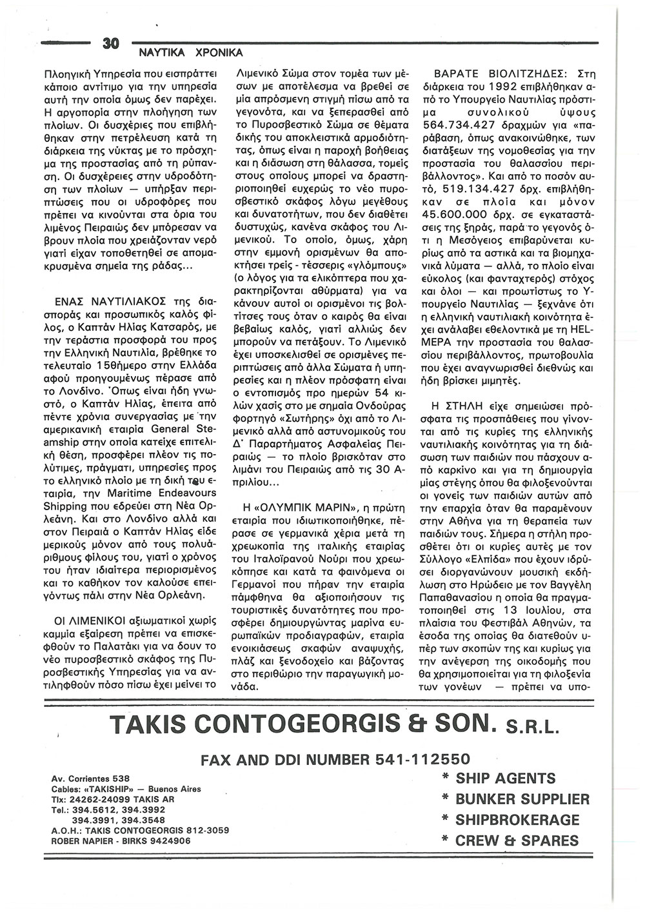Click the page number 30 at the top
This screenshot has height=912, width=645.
click(112, 44)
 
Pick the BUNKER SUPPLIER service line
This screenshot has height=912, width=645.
click(513, 799)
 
